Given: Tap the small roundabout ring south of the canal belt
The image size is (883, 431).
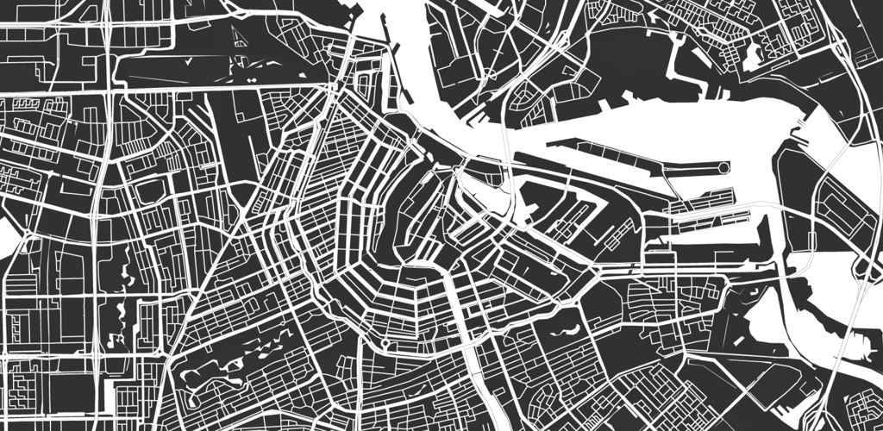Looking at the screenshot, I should tap(384, 345).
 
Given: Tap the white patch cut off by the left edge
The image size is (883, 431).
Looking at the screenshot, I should tap(7, 236).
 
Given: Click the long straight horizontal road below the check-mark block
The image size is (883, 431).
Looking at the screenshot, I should tap(224, 86).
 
